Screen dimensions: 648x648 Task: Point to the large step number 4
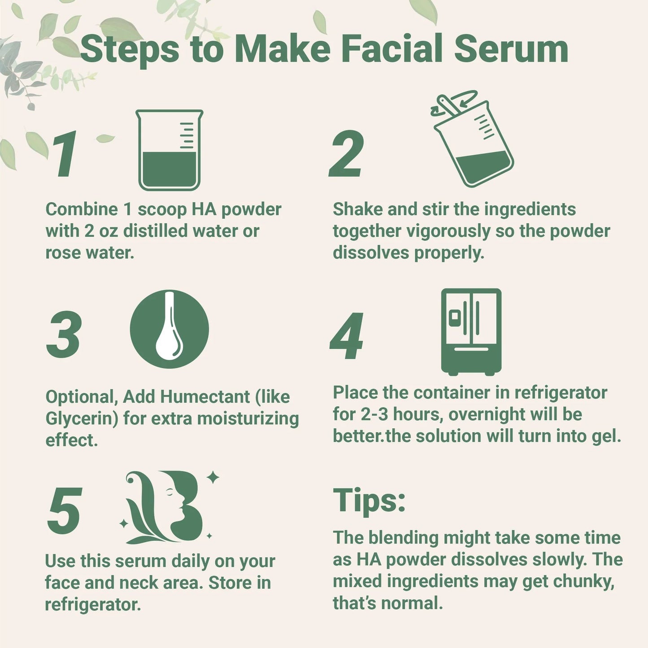pyautogui.click(x=346, y=336)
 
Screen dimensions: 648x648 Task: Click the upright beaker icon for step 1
pyautogui.click(x=169, y=150)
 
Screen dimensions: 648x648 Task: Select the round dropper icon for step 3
pyautogui.click(x=169, y=329)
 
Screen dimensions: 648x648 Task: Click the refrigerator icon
pyautogui.click(x=471, y=331)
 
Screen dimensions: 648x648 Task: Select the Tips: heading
pyautogui.click(x=369, y=500)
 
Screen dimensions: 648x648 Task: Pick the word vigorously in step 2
pyautogui.click(x=448, y=231)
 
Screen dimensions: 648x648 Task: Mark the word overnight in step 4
pyautogui.click(x=487, y=414)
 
